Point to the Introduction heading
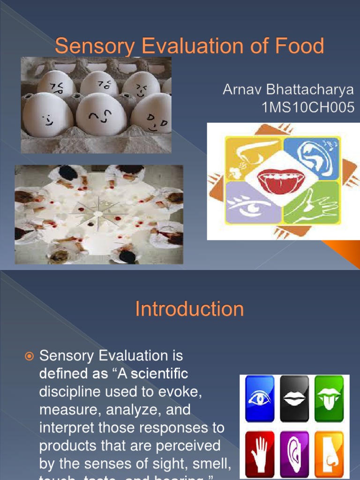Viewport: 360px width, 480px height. (x=189, y=309)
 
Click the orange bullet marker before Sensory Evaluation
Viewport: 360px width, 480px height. (x=30, y=357)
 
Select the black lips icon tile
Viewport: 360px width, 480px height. (x=294, y=399)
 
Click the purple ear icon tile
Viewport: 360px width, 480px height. (x=294, y=453)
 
